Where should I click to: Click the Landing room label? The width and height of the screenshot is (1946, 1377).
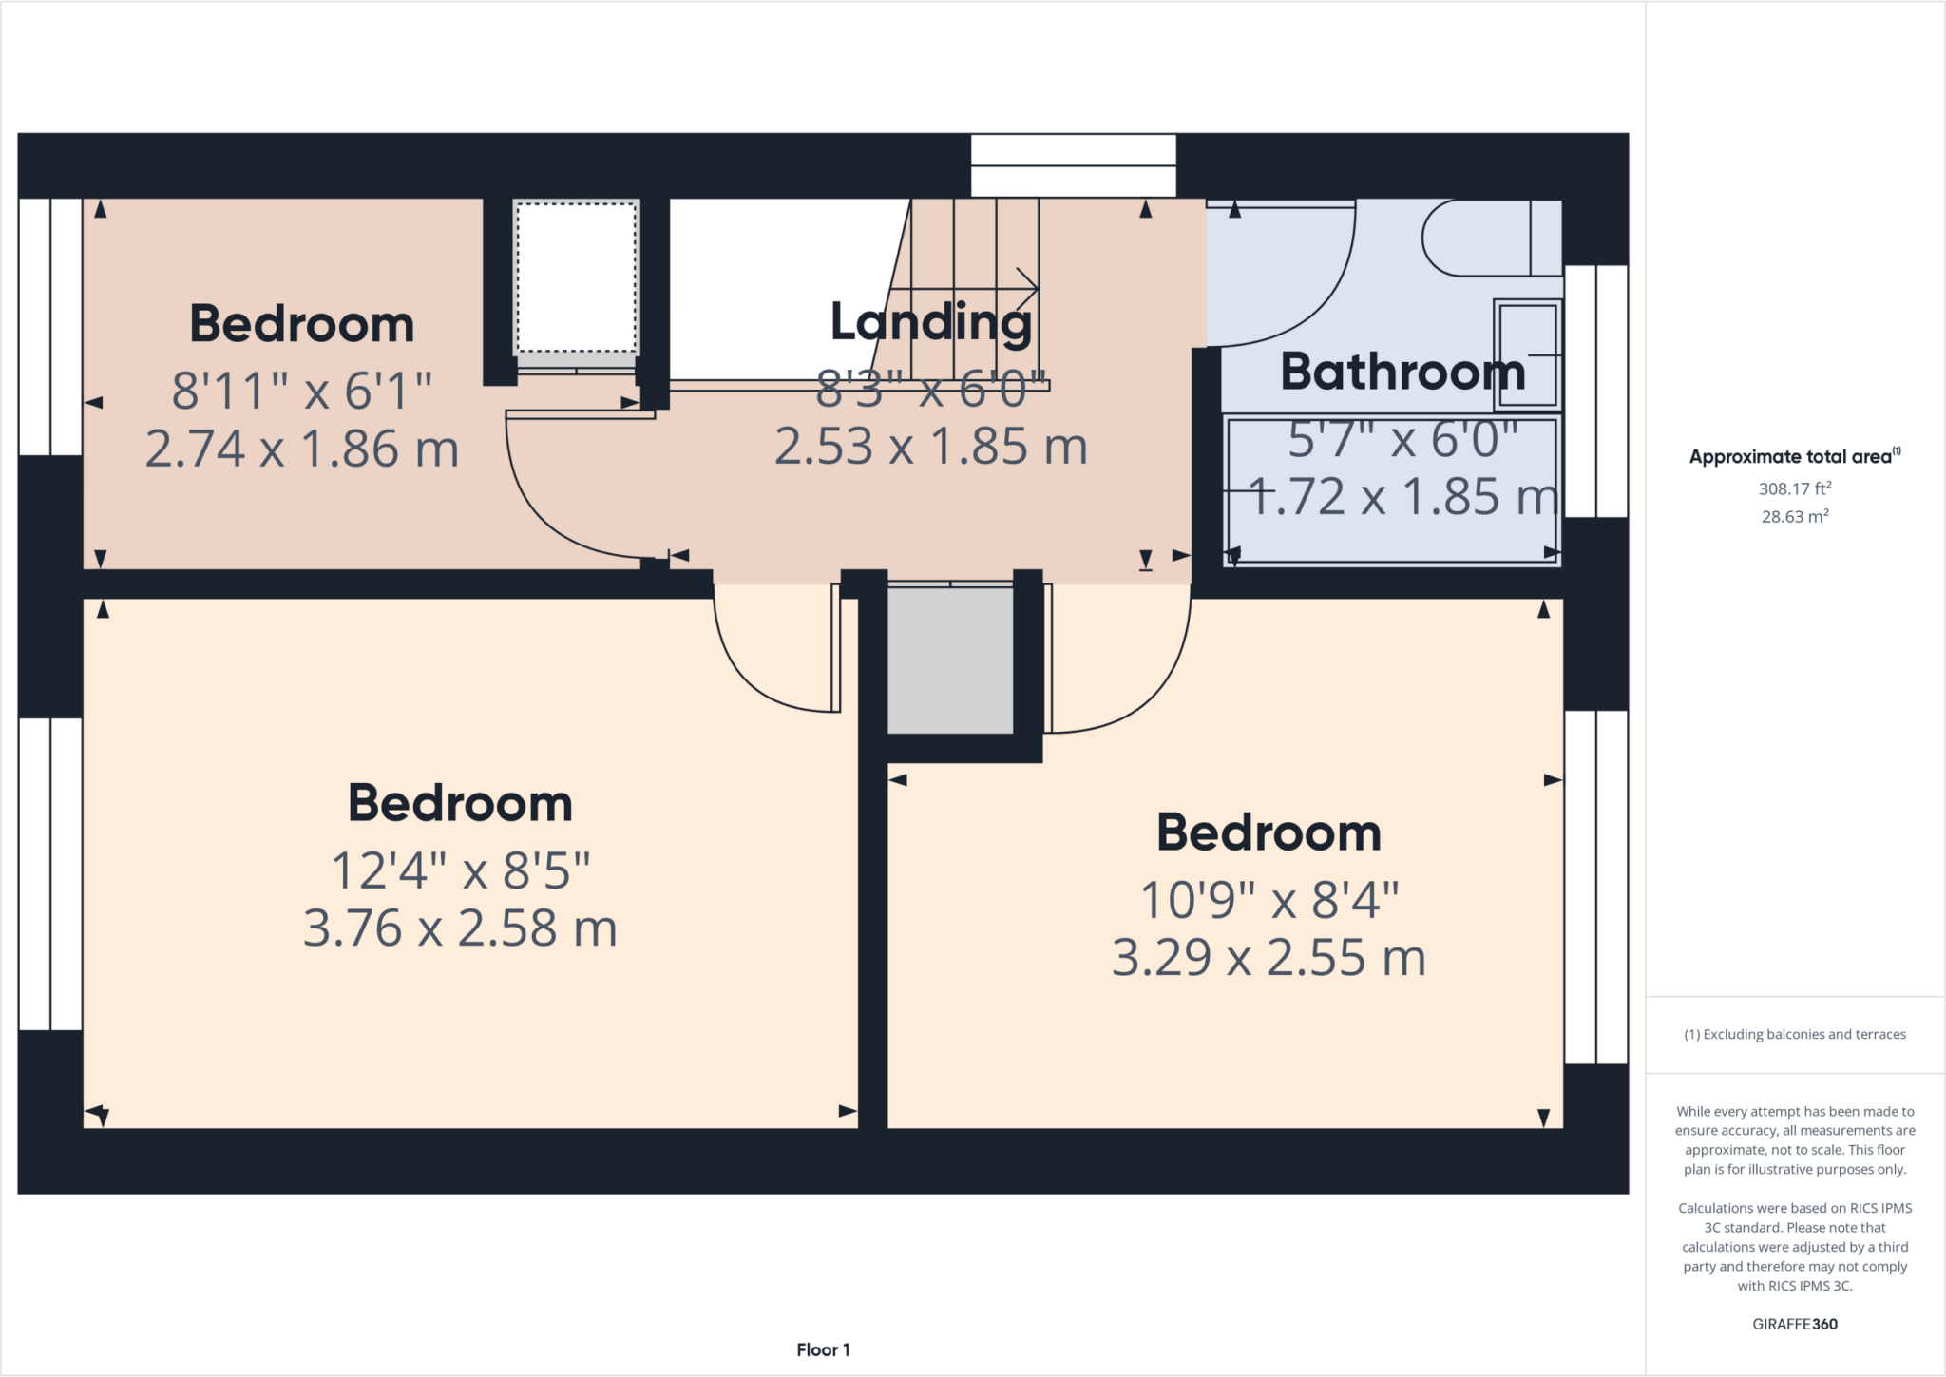(930, 322)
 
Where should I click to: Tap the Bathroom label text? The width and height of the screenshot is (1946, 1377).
(1402, 372)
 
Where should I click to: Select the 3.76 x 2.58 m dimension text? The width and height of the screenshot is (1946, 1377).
(460, 928)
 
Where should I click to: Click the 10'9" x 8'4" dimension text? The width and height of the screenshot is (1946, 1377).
(1269, 900)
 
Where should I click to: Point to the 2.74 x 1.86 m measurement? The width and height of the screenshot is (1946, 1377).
(302, 449)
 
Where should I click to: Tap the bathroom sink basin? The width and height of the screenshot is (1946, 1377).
(1526, 354)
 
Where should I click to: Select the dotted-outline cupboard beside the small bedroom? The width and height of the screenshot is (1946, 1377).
(576, 277)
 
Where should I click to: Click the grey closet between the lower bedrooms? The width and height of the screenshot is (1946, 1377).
(949, 660)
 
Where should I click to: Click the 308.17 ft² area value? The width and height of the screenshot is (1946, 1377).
(1794, 488)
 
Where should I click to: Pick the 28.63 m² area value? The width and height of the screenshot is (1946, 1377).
(1794, 517)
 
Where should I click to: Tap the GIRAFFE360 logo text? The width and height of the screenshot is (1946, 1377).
(1794, 1324)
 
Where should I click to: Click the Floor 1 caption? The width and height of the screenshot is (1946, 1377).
(823, 1349)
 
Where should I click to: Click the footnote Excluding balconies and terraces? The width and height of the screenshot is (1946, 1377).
(1794, 1034)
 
